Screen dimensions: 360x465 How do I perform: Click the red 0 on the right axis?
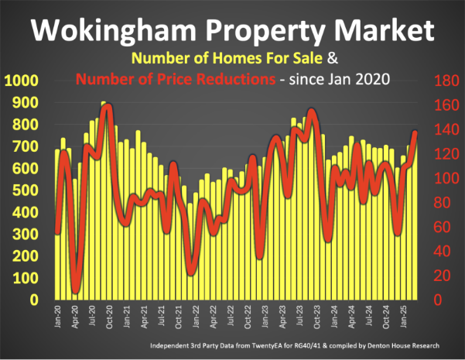(437, 300)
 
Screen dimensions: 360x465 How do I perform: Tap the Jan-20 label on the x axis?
(59, 317)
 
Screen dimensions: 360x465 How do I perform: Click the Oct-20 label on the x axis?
(110, 317)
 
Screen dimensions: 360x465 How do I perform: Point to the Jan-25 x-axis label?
(404, 317)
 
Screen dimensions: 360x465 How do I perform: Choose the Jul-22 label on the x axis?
(231, 317)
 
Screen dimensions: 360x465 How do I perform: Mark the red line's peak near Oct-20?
(108, 107)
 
